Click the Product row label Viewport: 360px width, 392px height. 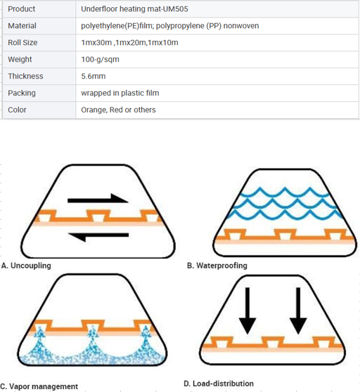(x=22, y=9)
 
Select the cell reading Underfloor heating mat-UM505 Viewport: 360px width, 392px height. (x=134, y=9)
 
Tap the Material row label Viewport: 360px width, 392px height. (x=22, y=26)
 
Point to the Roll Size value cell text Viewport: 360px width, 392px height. (x=129, y=42)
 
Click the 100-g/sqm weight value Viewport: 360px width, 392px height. (x=100, y=60)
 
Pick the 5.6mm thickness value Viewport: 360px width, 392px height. (x=93, y=77)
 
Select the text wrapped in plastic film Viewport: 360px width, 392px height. (x=120, y=93)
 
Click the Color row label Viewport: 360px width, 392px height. (x=17, y=110)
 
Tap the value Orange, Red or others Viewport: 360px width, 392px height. (x=118, y=110)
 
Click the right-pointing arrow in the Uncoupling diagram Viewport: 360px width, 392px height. (x=98, y=199)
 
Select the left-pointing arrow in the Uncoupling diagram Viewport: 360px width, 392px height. (x=98, y=236)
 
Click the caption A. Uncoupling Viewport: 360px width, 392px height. (x=26, y=266)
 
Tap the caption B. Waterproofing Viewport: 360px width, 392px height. (x=217, y=266)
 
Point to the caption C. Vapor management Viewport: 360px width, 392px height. (x=39, y=386)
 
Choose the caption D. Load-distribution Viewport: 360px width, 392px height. (x=219, y=384)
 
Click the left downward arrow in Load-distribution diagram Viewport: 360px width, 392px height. (x=247, y=311)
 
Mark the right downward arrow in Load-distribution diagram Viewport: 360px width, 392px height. (x=298, y=311)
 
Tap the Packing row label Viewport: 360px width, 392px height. (x=22, y=93)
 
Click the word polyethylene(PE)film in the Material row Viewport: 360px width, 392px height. (x=117, y=26)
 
